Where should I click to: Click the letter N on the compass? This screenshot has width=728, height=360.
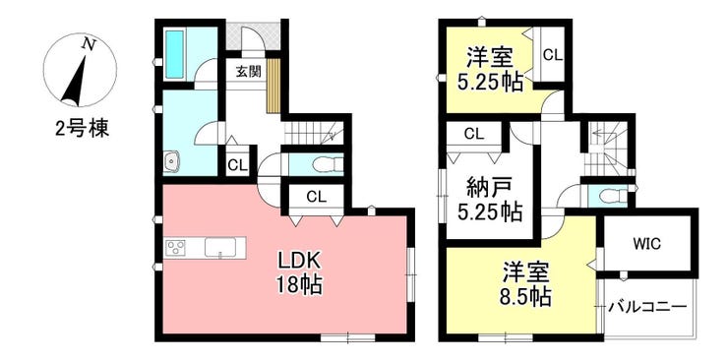pyautogui.click(x=89, y=44)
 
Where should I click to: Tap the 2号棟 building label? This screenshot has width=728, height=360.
pyautogui.click(x=83, y=129)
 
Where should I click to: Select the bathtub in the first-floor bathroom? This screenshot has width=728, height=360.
pyautogui.click(x=175, y=54)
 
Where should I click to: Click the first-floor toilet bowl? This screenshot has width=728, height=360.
pyautogui.click(x=327, y=164)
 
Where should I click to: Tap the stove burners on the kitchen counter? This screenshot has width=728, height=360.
pyautogui.click(x=176, y=247)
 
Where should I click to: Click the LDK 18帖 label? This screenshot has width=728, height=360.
pyautogui.click(x=299, y=273)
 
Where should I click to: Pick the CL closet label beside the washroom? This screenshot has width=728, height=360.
pyautogui.click(x=237, y=165)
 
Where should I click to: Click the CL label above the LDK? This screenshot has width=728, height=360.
pyautogui.click(x=316, y=197)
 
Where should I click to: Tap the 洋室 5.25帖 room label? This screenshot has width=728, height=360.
pyautogui.click(x=489, y=70)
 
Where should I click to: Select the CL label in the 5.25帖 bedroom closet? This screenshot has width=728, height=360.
pyautogui.click(x=553, y=56)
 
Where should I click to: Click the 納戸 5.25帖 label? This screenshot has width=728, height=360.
pyautogui.click(x=489, y=200)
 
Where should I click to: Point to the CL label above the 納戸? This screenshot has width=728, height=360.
pyautogui.click(x=474, y=134)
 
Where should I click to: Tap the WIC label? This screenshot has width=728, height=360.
pyautogui.click(x=646, y=244)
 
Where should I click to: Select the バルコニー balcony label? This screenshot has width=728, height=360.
pyautogui.click(x=647, y=307)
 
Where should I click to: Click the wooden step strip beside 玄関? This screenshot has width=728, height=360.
pyautogui.click(x=273, y=86)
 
